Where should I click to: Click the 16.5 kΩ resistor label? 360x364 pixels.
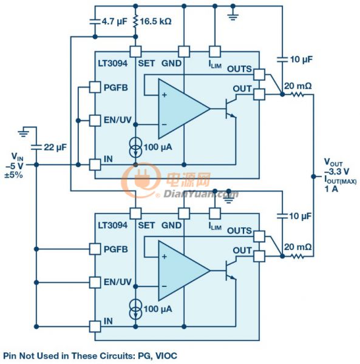(x=155, y=21)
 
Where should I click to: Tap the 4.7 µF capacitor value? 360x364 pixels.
(x=115, y=22)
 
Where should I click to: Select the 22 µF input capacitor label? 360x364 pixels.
(x=55, y=147)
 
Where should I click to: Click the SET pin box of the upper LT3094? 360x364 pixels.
(x=135, y=52)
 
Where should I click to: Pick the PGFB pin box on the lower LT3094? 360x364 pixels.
(x=95, y=249)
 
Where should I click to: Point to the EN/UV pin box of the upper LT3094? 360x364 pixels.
(x=95, y=121)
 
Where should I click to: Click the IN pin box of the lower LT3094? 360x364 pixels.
(x=95, y=326)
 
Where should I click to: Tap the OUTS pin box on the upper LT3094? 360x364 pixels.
(x=259, y=75)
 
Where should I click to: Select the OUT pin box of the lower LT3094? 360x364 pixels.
(x=259, y=256)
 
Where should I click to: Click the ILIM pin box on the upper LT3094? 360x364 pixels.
(x=215, y=52)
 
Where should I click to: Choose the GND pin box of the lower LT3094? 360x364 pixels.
(x=184, y=214)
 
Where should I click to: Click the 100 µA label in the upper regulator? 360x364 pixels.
(x=158, y=147)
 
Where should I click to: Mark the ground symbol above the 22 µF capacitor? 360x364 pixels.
(x=24, y=132)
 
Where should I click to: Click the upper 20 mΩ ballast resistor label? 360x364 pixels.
(x=297, y=86)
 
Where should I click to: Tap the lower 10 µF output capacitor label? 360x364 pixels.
(x=300, y=216)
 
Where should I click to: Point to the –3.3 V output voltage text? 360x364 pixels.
(x=336, y=172)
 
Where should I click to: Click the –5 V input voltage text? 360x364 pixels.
(x=15, y=166)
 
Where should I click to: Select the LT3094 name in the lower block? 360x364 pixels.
(x=113, y=226)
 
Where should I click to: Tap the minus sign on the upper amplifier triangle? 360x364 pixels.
(x=164, y=124)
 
